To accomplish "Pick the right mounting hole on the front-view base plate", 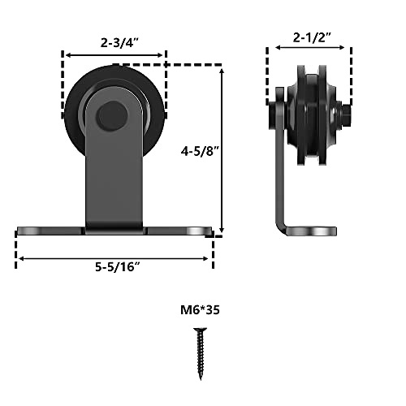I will [195, 231].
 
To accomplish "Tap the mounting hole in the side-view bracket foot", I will [323, 231].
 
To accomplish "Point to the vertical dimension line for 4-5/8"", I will [221, 151].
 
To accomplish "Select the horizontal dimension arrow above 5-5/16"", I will [114, 259].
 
